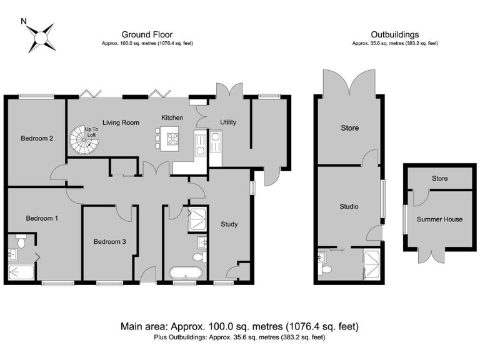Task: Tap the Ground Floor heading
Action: pos(147,34)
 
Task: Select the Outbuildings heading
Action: pos(395,34)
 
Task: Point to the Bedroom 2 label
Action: pos(37,138)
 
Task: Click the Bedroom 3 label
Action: pos(109,242)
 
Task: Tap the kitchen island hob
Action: pos(172,139)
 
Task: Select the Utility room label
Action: pos(228,122)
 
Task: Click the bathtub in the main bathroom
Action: pos(186,273)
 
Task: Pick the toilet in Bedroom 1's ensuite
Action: pos(21,241)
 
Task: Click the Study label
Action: pos(229,224)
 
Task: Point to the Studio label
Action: pos(349,207)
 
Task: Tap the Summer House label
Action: pos(439,219)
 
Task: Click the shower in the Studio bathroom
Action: pos(371,264)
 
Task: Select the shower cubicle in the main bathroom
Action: pos(197,219)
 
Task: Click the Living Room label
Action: pos(121,122)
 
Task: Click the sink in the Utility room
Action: pos(216,143)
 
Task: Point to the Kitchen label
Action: pos(172,117)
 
